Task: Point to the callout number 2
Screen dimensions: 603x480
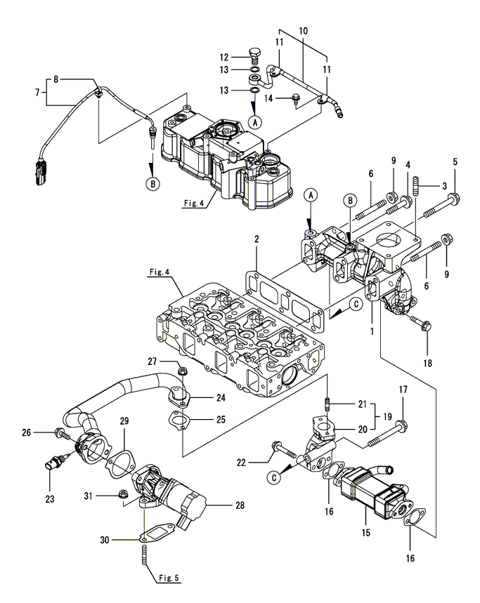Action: [x=257, y=239]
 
